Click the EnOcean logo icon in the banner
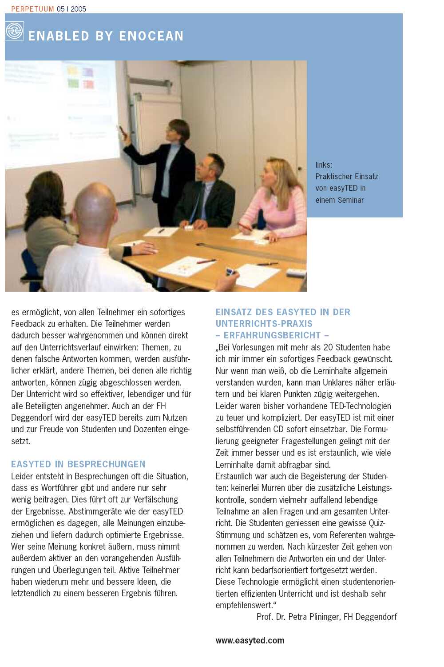click(15, 31)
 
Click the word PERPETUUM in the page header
click(32, 9)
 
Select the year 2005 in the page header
click(78, 9)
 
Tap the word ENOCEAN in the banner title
click(151, 36)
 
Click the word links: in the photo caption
click(324, 165)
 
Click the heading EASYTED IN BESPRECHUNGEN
click(78, 464)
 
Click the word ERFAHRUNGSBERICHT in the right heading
click(272, 335)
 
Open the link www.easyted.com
click(250, 640)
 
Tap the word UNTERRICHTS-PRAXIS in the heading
click(264, 324)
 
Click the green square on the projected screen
click(73, 83)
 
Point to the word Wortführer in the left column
click(60, 488)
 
